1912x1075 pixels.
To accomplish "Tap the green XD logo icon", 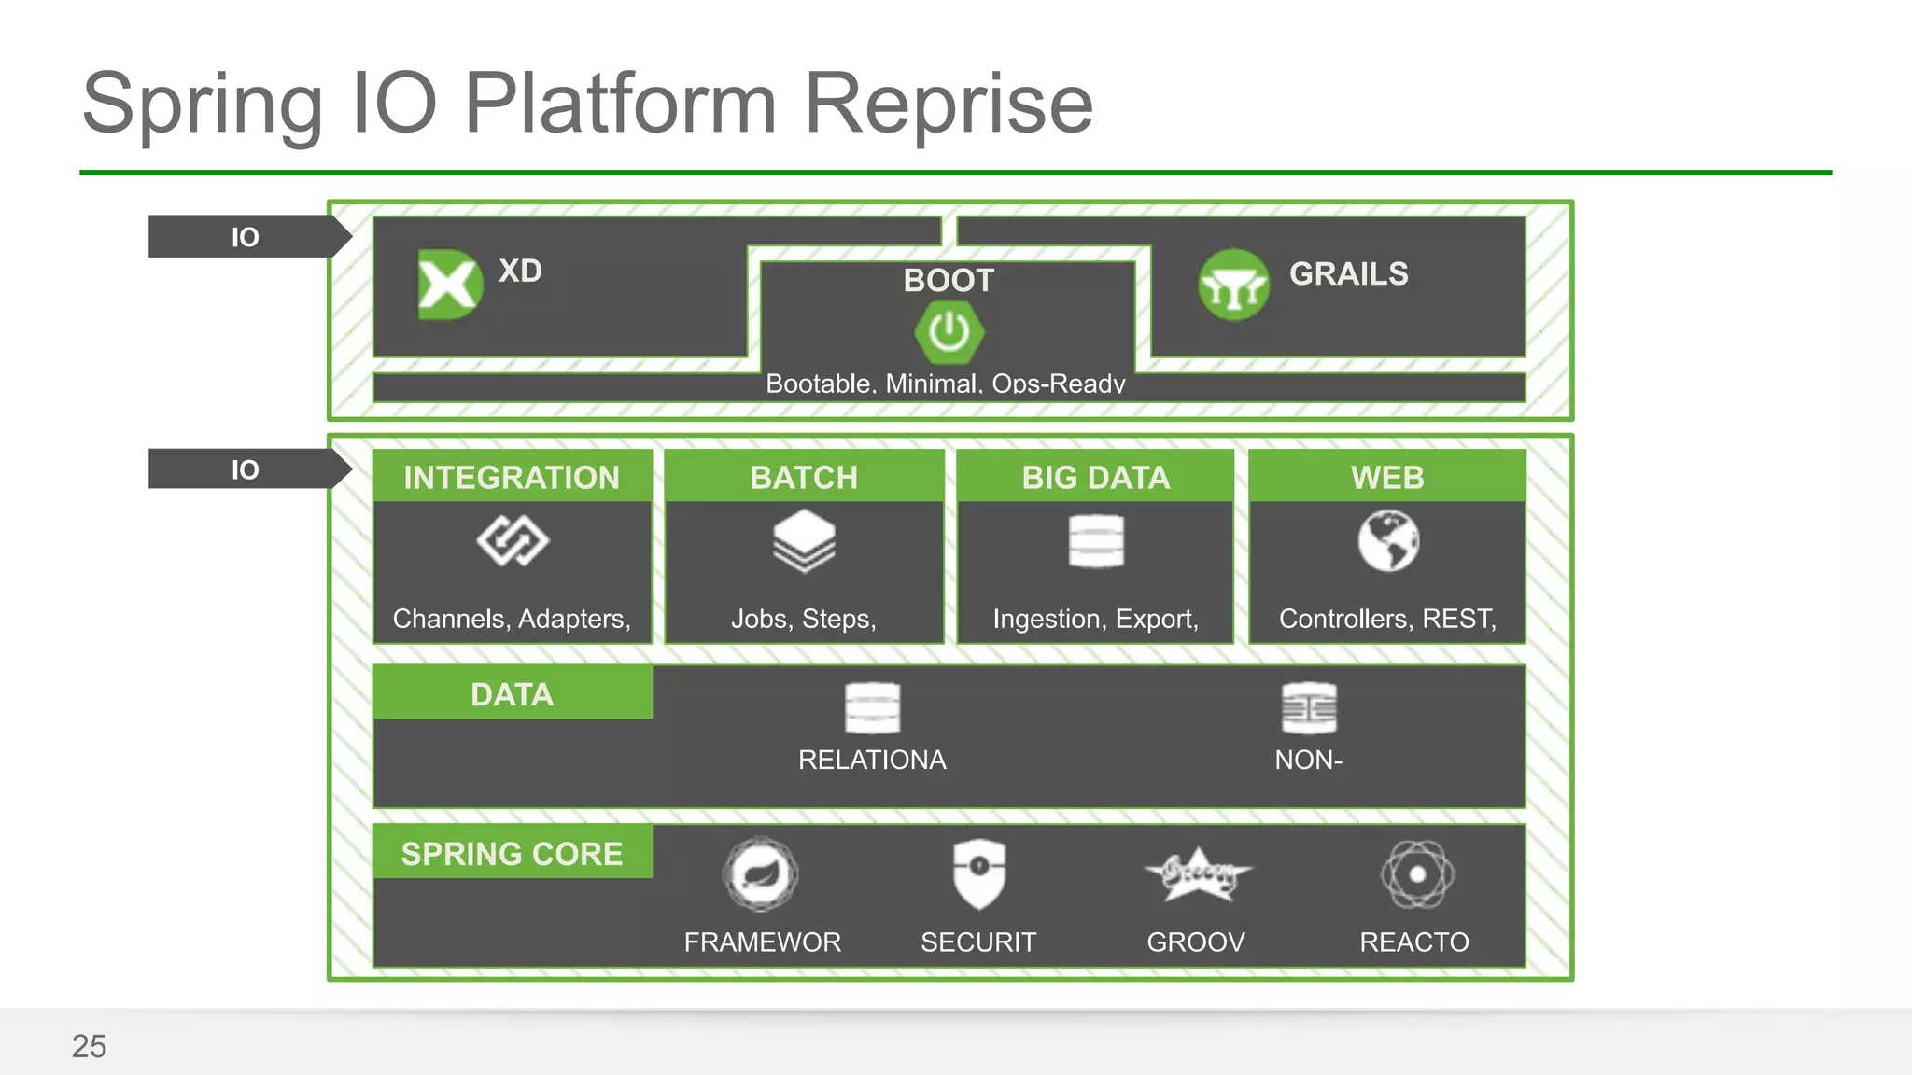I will (x=449, y=285).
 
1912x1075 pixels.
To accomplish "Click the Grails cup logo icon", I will (x=1233, y=286).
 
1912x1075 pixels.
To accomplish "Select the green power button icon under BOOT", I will (x=949, y=332).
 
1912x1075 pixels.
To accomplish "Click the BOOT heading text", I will (x=949, y=280).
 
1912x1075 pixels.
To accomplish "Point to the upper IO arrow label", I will (x=245, y=237).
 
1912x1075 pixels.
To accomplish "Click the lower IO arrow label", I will (x=245, y=469).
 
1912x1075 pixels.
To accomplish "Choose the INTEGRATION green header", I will (x=512, y=477).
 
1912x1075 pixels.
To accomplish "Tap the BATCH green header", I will (x=804, y=477).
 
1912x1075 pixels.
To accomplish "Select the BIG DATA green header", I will (x=1095, y=477).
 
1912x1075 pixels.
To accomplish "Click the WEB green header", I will (x=1387, y=477).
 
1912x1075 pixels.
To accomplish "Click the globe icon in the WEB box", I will (x=1388, y=540).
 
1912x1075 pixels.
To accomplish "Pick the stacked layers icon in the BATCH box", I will (x=804, y=540).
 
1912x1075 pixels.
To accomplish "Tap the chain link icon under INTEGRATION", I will (x=513, y=541).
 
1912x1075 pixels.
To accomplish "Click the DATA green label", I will (x=512, y=694).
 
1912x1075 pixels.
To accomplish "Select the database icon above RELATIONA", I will (x=872, y=708).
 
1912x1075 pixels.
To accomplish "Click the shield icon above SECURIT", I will (x=978, y=873).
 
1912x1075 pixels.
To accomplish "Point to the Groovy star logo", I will (x=1197, y=874).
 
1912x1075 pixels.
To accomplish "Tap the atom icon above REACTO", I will (x=1416, y=874).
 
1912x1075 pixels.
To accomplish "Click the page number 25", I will (x=89, y=1046).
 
